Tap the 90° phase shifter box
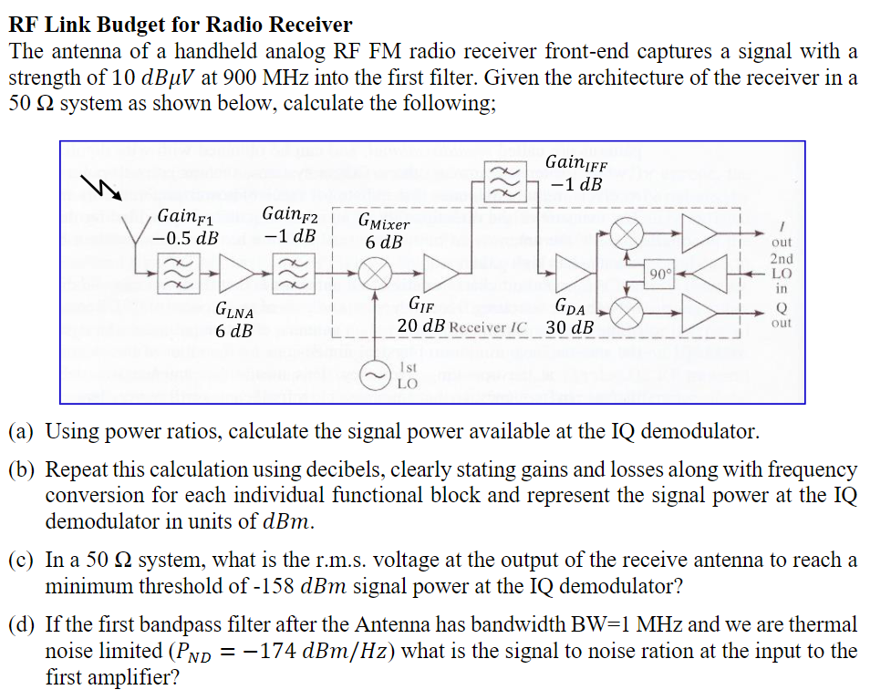659,273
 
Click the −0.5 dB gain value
186,239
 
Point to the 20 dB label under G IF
420,325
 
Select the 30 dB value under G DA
570,327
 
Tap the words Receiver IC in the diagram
489,327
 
